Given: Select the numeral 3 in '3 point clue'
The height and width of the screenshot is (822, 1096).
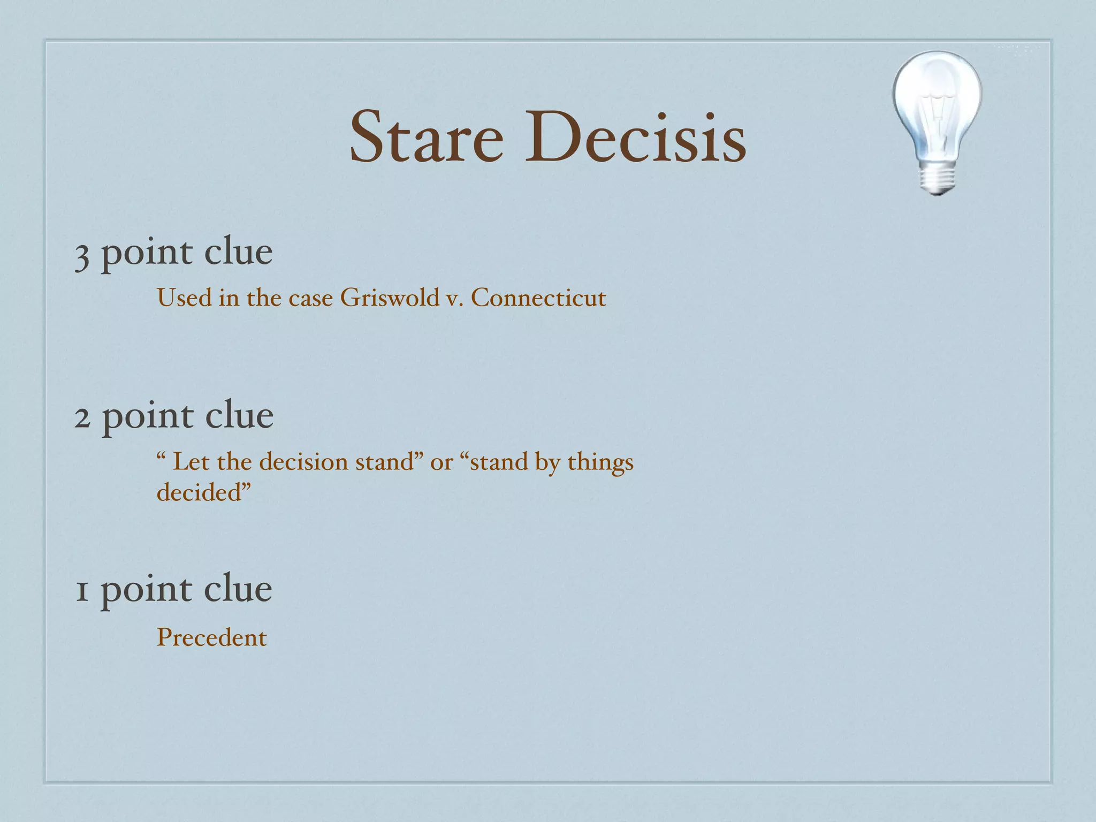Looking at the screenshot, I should click(x=81, y=255).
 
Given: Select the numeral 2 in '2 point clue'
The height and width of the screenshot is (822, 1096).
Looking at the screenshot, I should click(x=82, y=417).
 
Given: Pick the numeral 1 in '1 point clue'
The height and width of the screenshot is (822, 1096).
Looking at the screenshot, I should click(x=81, y=591).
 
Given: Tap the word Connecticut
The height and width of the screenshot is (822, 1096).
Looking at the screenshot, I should click(x=538, y=298).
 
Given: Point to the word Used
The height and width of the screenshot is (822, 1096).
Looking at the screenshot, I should click(x=184, y=298).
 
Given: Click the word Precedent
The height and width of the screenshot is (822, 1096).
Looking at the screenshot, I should click(x=211, y=637).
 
